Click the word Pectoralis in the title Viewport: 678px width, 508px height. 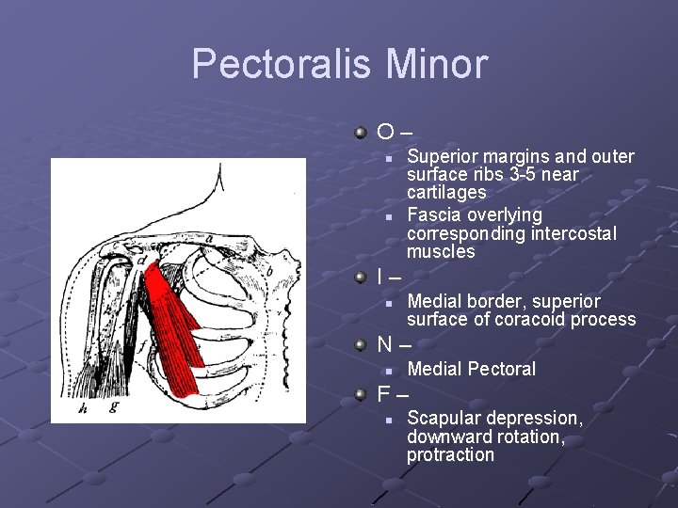(x=282, y=65)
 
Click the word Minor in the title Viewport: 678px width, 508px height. (x=437, y=65)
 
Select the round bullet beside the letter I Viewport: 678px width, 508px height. (x=361, y=278)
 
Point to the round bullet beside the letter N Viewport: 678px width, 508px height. (x=361, y=345)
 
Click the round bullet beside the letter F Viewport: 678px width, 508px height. (x=361, y=394)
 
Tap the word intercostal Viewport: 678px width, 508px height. (x=574, y=233)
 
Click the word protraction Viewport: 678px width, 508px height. (x=450, y=455)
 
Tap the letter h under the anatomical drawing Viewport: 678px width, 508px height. (x=82, y=408)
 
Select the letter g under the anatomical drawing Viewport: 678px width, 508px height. (x=114, y=406)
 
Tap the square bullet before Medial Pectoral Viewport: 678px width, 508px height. (x=388, y=370)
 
